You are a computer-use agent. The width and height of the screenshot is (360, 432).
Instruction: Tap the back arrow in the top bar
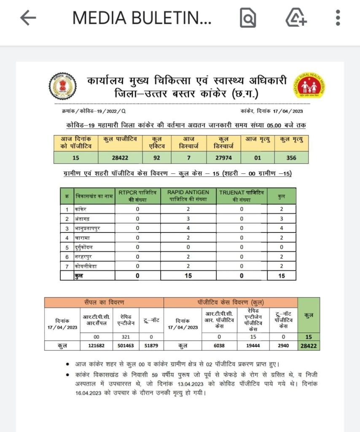point(28,18)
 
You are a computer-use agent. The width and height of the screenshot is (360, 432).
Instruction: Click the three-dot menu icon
point(338,18)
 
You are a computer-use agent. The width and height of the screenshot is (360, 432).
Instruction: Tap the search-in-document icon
point(248,18)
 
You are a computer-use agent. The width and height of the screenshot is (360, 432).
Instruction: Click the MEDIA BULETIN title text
point(142,18)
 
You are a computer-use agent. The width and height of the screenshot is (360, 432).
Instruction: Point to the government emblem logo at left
point(63,86)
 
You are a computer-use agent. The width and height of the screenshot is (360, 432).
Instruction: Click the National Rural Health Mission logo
point(310,86)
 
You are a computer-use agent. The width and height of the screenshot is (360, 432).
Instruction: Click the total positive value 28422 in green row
point(119,158)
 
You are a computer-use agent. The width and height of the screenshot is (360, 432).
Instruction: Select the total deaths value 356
point(291,158)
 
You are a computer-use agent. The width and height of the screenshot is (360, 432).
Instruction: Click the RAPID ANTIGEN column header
point(188,196)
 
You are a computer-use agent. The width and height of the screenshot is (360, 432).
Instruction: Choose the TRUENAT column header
point(241,196)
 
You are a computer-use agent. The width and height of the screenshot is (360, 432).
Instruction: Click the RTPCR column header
point(137,196)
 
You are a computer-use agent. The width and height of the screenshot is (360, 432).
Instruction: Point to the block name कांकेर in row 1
point(81,208)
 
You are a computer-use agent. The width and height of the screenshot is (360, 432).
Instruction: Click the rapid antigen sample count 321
point(121,337)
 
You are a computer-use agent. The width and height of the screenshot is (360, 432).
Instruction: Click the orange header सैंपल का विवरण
point(104,302)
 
